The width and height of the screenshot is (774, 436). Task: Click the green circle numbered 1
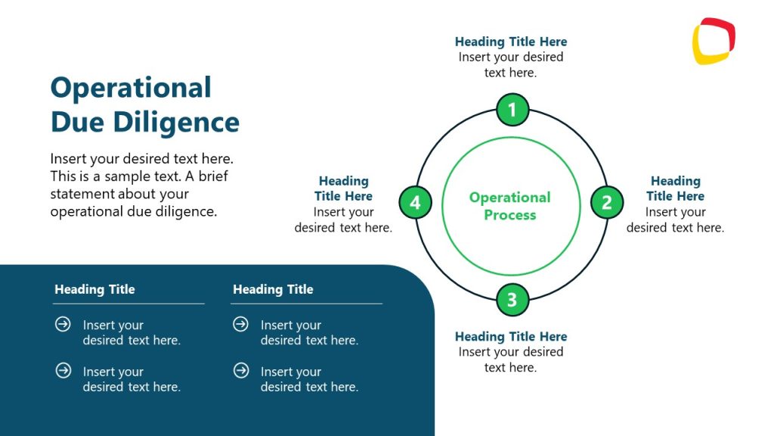(x=512, y=110)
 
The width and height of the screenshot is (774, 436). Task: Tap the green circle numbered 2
(x=607, y=202)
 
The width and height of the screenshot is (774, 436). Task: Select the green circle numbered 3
(x=512, y=300)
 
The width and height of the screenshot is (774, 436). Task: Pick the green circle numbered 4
(x=415, y=202)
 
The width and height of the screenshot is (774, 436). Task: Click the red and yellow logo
(x=714, y=41)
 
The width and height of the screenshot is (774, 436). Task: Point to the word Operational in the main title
(x=131, y=88)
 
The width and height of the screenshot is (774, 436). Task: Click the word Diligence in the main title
(x=177, y=122)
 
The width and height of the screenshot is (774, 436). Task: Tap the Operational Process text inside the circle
(x=510, y=206)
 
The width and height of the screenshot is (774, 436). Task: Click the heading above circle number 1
(x=511, y=42)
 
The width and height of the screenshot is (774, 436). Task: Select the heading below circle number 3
(x=511, y=336)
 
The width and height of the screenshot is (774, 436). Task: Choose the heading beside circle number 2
(x=675, y=188)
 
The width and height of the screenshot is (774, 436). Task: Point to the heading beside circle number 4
(x=343, y=188)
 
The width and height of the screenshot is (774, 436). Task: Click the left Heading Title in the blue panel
(x=94, y=289)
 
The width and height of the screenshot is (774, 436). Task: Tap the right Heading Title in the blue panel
(x=273, y=289)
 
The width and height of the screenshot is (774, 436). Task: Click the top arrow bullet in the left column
(x=63, y=324)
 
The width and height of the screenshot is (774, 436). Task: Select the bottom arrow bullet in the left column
(x=63, y=371)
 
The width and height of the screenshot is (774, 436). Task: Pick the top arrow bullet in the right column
(x=240, y=324)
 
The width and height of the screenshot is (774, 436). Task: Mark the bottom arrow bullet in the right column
(x=240, y=371)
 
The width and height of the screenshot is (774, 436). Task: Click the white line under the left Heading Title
(x=128, y=304)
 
